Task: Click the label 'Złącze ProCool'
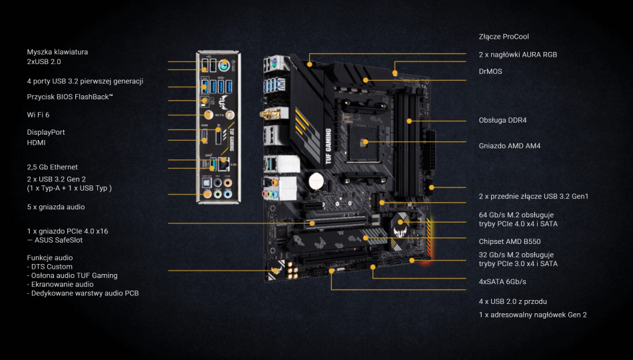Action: (x=503, y=37)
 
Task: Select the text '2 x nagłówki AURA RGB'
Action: (x=518, y=54)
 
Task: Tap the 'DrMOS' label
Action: (x=491, y=71)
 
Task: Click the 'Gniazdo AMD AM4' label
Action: (x=509, y=145)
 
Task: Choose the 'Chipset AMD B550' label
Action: (x=510, y=241)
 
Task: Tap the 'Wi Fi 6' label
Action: (x=39, y=115)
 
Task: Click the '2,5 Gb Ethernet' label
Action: (x=52, y=167)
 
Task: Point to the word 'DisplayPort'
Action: (x=45, y=132)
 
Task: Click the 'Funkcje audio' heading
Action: (x=50, y=257)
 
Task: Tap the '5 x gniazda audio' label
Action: (x=56, y=207)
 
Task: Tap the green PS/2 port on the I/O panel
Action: (x=225, y=65)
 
